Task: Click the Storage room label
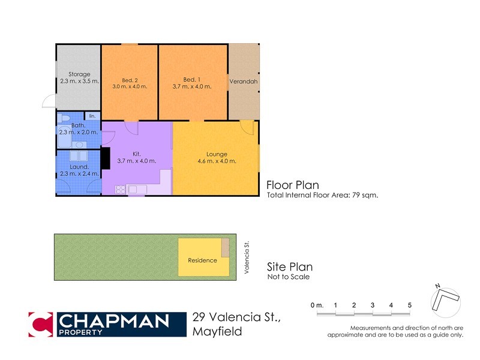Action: [x=79, y=74]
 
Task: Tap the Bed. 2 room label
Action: [x=130, y=80]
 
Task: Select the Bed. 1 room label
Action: [x=192, y=80]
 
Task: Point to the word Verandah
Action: [x=244, y=81]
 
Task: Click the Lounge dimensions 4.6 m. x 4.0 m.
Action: [x=217, y=161]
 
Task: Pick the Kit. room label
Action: [x=137, y=154]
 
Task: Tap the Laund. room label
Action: [x=79, y=166]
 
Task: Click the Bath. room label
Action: [x=79, y=125]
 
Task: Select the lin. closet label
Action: [x=92, y=116]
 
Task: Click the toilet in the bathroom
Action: [x=66, y=117]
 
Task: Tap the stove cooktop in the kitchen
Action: [x=120, y=190]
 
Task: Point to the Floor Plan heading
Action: [x=293, y=185]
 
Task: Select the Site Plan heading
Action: [x=289, y=267]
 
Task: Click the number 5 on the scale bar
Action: [x=410, y=305]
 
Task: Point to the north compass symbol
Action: [x=445, y=300]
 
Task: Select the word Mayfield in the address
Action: [x=217, y=331]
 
